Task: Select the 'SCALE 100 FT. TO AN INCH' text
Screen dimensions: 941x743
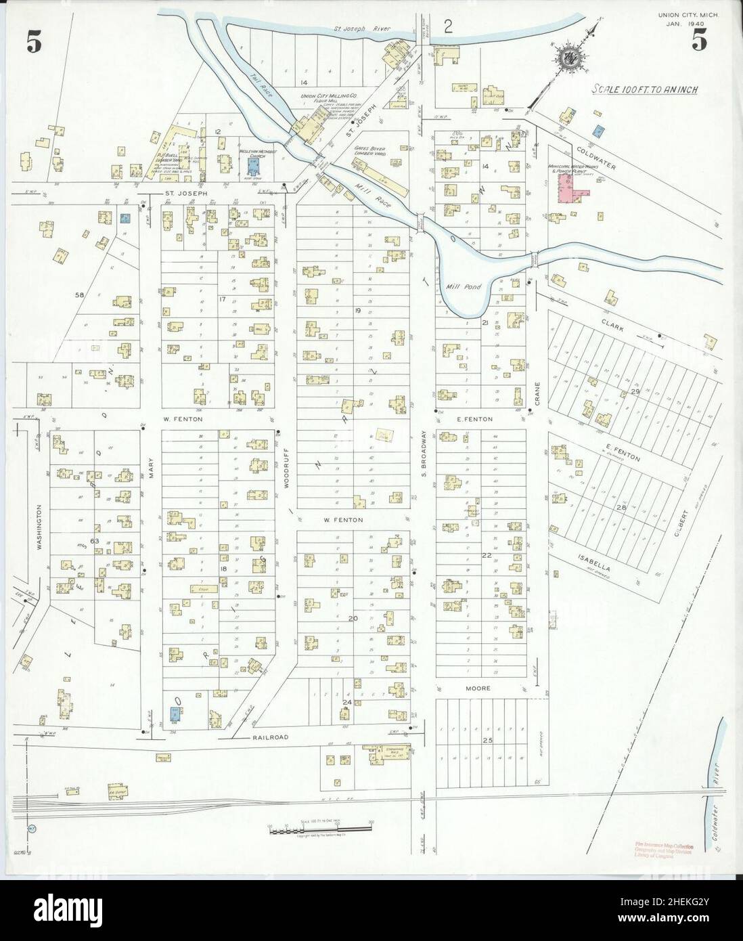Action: (645, 89)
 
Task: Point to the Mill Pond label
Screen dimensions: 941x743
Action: (464, 287)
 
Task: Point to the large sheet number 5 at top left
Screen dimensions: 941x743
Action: (34, 42)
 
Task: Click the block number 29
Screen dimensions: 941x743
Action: (635, 393)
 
